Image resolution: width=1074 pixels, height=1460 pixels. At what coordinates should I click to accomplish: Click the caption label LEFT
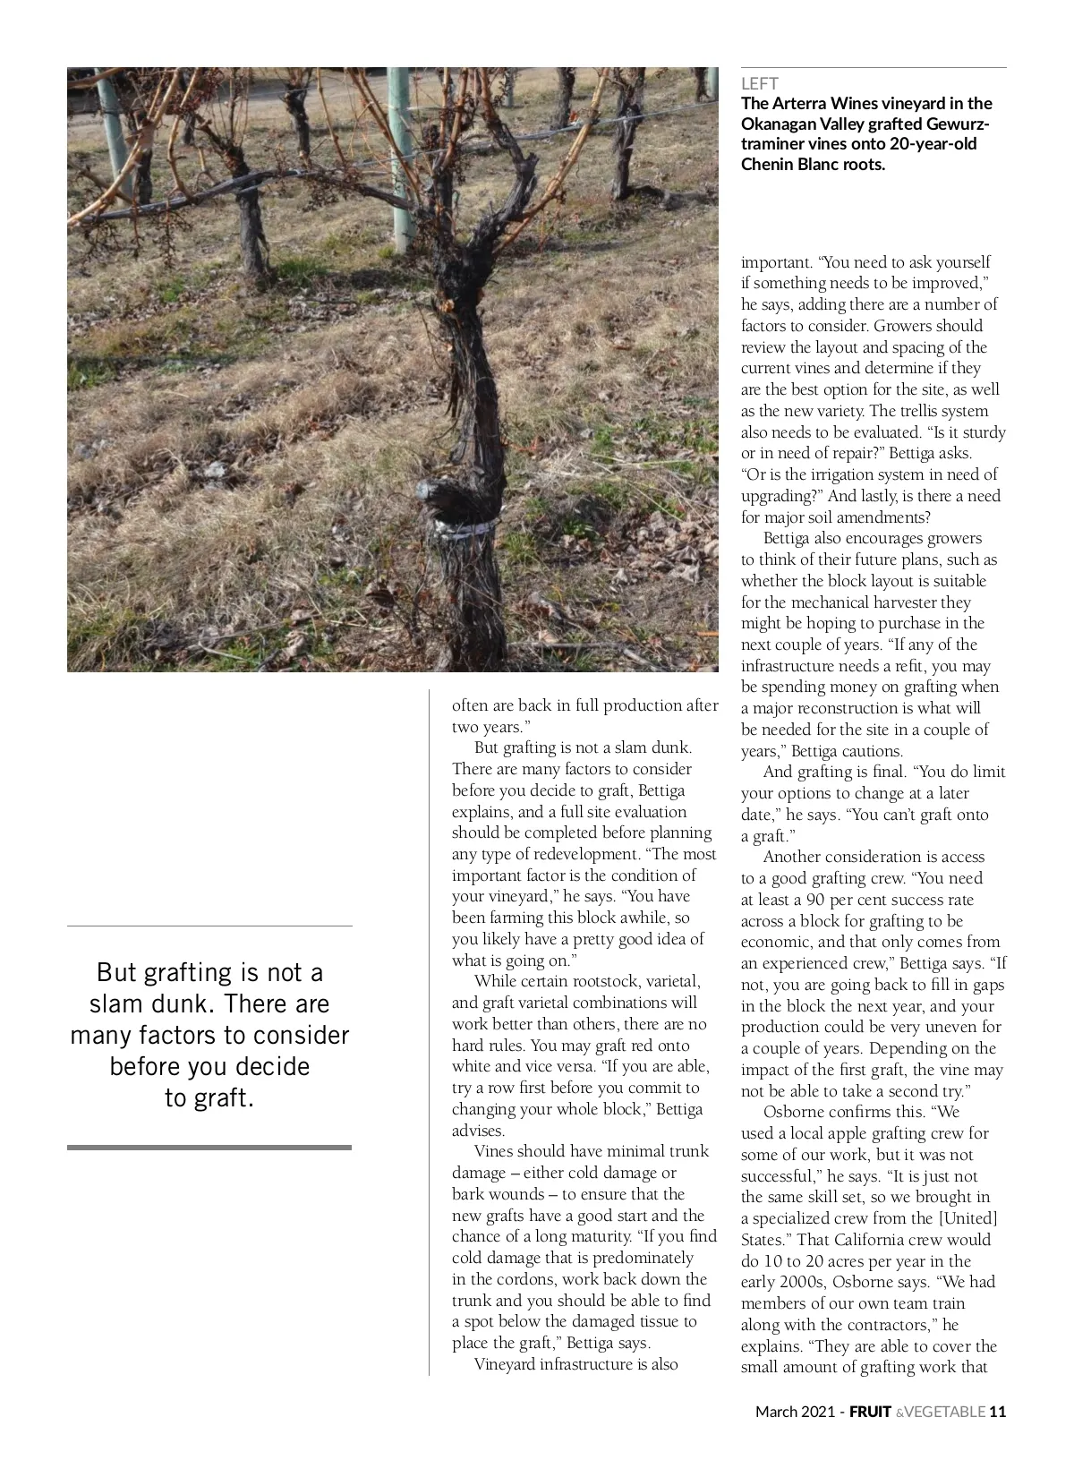(x=759, y=84)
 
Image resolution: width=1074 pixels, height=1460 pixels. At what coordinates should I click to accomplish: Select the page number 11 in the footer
(x=997, y=1412)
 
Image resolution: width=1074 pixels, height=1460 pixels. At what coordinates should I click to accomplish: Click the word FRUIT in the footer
(x=870, y=1412)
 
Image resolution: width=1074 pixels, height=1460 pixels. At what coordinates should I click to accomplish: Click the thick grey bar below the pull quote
(x=209, y=1147)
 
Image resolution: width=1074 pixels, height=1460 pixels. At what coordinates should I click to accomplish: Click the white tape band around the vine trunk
(x=465, y=528)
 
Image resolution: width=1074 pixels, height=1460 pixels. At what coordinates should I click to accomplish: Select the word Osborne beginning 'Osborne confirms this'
(x=792, y=1112)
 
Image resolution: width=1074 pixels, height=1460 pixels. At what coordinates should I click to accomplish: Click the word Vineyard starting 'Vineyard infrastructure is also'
(x=505, y=1364)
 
